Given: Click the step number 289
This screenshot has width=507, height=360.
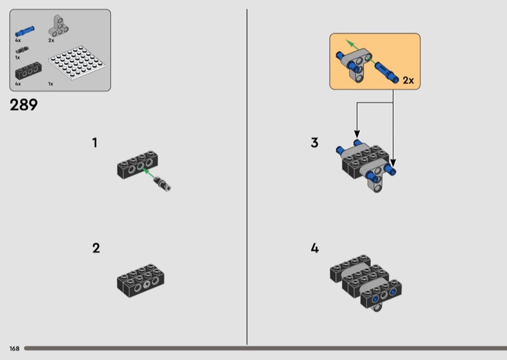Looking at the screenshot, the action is tap(23, 105).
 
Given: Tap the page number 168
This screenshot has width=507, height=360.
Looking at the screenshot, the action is tap(14, 349).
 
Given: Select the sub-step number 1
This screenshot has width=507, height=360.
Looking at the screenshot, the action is tap(94, 143).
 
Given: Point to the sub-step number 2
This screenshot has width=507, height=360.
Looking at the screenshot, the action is tap(96, 248).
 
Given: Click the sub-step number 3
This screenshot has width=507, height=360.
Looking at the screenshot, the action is tap(314, 143).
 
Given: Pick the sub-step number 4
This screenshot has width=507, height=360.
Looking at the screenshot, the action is tap(314, 248).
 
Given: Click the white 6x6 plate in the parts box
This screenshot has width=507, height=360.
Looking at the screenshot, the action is tap(77, 63).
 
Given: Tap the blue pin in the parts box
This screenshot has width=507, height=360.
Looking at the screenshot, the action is tap(25, 32).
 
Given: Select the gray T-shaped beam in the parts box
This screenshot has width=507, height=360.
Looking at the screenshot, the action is tap(58, 26).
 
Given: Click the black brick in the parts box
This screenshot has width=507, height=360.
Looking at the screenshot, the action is tap(29, 71).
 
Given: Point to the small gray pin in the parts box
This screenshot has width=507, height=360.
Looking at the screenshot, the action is tap(22, 50).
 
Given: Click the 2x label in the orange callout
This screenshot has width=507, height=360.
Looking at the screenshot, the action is tap(408, 80).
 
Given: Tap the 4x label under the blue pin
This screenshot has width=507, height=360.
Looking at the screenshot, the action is tap(18, 41).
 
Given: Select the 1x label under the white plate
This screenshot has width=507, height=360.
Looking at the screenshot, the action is tap(51, 84).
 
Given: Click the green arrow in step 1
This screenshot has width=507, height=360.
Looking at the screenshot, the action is tap(149, 173).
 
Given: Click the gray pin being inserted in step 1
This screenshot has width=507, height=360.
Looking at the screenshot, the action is tap(162, 184).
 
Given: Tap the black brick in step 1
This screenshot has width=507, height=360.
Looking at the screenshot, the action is tap(138, 164).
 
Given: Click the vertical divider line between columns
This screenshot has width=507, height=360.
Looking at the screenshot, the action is tap(247, 177).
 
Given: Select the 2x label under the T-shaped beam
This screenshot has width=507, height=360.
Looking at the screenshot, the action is tap(51, 41).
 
